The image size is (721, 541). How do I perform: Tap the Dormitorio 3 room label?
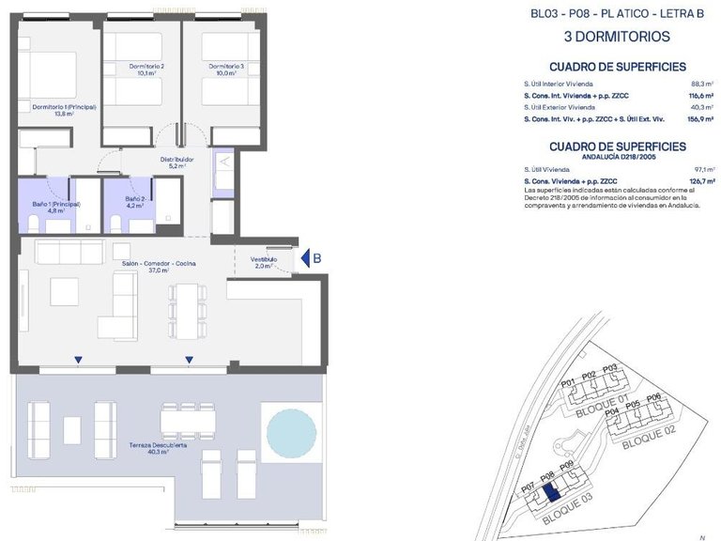[x=226, y=70]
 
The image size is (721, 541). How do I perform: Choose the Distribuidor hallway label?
[x=176, y=162]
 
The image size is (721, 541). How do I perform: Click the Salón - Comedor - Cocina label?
[x=159, y=266]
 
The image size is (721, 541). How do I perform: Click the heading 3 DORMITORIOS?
[x=616, y=38]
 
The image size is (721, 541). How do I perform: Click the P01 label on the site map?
[x=567, y=383]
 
